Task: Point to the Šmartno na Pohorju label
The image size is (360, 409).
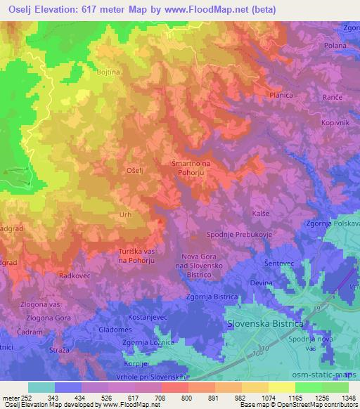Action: (x=191, y=168)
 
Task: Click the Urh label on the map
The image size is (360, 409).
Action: (x=125, y=214)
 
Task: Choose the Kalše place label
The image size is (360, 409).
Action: (x=261, y=213)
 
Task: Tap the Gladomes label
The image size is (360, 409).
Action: (x=115, y=330)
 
